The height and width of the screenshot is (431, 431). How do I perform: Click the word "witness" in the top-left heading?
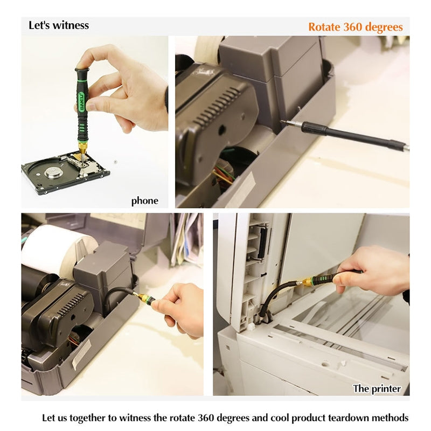[x=71, y=25]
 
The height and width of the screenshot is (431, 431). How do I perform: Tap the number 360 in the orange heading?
[x=353, y=27]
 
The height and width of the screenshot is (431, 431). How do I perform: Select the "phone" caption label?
[x=144, y=200]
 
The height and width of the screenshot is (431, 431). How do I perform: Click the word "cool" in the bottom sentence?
[x=280, y=418]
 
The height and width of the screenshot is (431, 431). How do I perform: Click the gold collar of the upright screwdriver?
[x=82, y=148]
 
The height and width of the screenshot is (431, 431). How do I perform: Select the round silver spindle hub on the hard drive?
[x=53, y=172]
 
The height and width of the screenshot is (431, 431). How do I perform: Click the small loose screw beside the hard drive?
[x=116, y=162]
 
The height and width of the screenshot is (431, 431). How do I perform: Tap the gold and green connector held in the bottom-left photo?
[x=145, y=297]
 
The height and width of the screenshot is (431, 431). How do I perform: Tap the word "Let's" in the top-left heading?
[x=39, y=25]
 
